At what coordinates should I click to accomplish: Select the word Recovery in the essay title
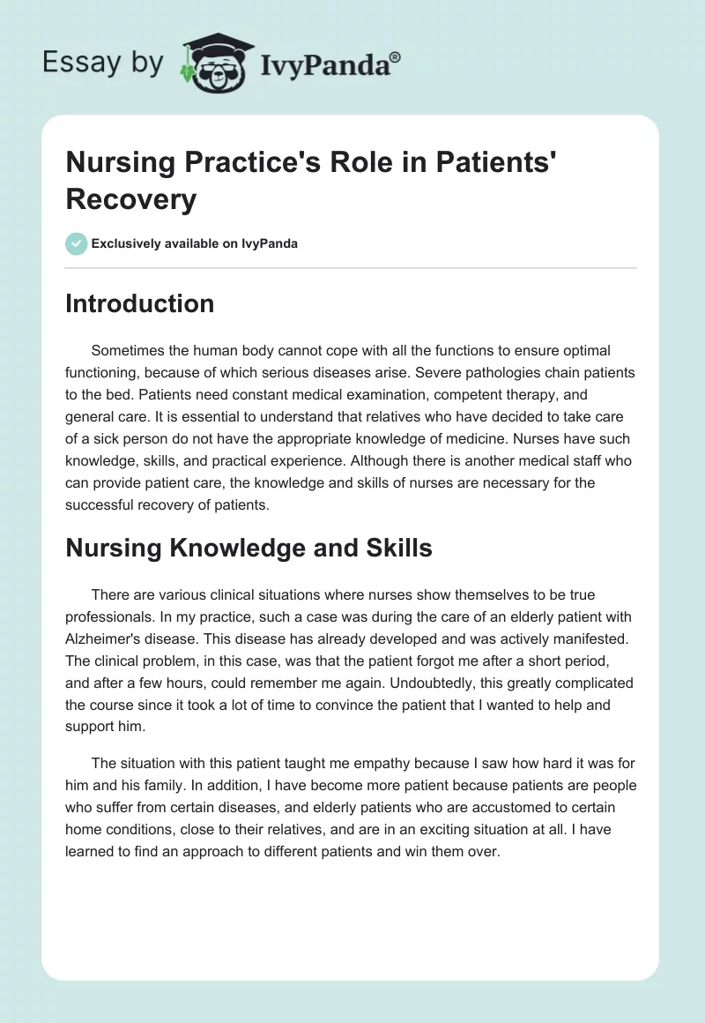130,199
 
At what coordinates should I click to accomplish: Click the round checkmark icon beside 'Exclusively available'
77,243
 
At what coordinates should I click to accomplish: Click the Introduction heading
140,303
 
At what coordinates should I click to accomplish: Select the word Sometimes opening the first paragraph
130,350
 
